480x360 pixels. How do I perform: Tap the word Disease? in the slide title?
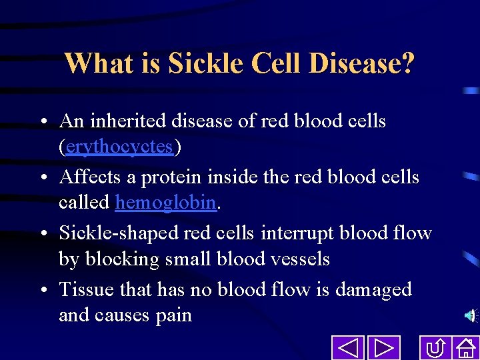(x=363, y=64)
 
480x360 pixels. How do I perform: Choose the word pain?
(x=174, y=315)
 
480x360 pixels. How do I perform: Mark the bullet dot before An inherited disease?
(x=42, y=122)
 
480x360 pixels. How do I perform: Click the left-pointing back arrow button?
(x=347, y=348)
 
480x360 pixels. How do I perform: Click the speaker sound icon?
(x=471, y=315)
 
